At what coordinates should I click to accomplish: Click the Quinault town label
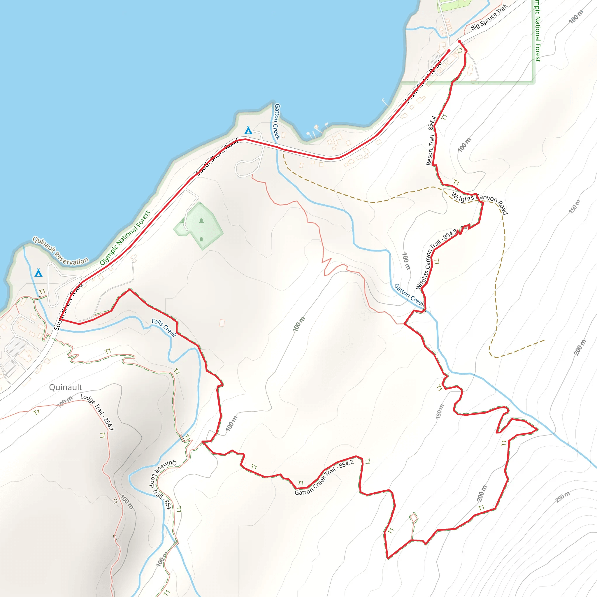pos(66,387)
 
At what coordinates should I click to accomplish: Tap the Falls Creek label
pos(164,328)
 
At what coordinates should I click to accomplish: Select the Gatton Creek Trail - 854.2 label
pos(324,477)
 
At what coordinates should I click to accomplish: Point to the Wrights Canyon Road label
pos(479,202)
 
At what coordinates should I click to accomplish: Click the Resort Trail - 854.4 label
pos(431,141)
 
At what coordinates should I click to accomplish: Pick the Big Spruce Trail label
pos(489,17)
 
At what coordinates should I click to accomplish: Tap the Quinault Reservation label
pos(61,251)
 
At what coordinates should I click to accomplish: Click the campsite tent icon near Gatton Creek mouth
pos(248,130)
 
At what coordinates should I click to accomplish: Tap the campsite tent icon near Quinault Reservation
pos(38,273)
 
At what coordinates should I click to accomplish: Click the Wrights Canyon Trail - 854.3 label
pos(436,259)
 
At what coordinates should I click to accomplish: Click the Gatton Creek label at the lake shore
pos(277,122)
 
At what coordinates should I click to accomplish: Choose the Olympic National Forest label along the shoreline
pos(125,238)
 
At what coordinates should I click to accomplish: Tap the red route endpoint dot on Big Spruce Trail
pos(459,41)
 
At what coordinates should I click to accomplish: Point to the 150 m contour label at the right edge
pos(575,206)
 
